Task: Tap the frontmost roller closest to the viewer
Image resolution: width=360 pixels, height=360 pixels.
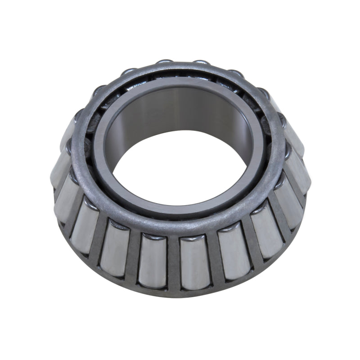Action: (192, 262)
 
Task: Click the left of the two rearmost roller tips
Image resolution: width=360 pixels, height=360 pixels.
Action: (165, 63)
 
